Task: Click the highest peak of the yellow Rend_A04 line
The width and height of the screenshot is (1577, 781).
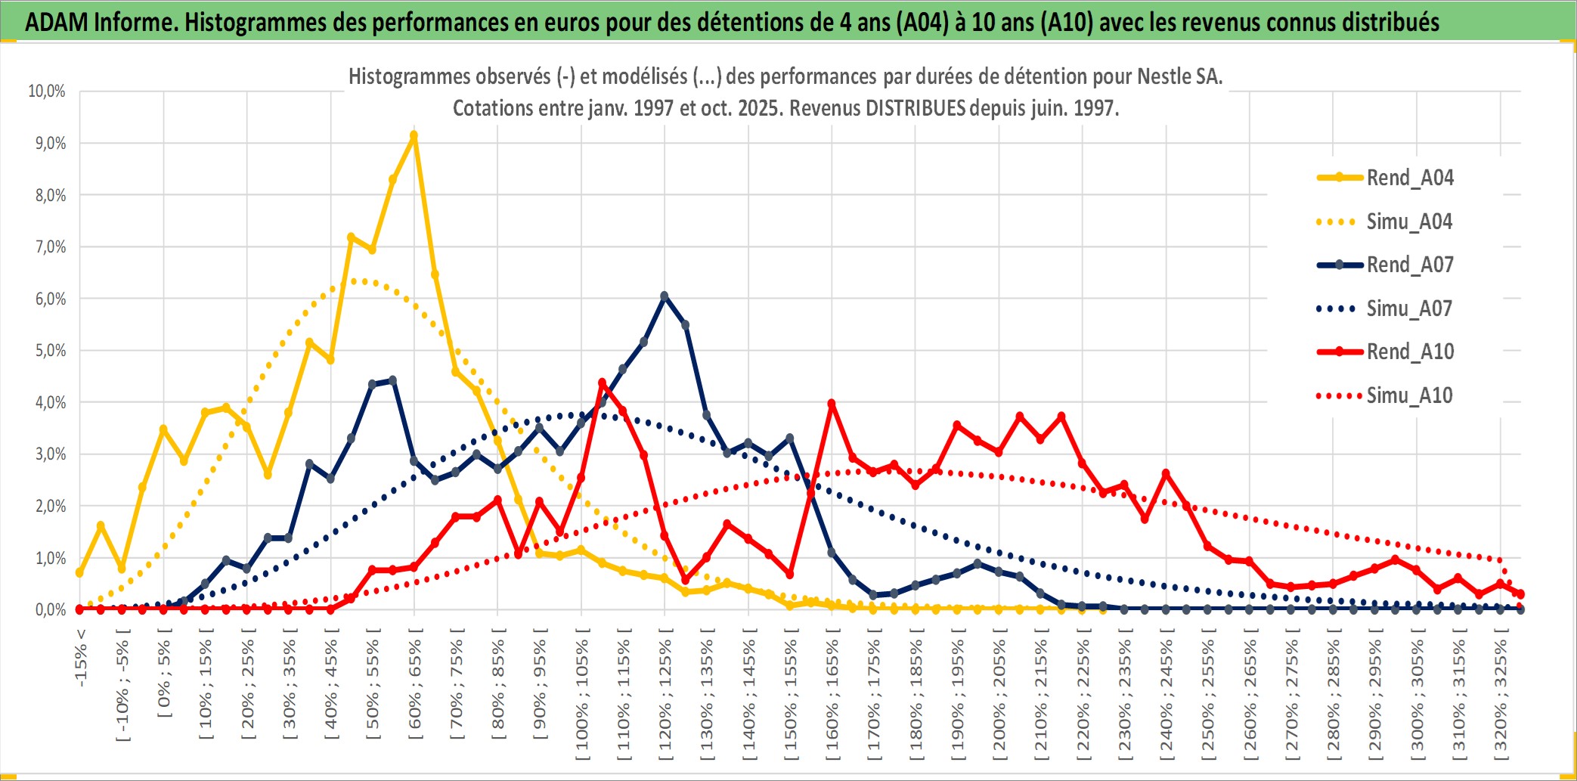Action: click(414, 136)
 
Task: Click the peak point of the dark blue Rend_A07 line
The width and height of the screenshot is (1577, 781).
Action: click(665, 296)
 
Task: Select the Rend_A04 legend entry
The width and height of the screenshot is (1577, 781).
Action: click(1409, 178)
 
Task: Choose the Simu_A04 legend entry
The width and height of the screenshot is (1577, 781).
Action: click(1408, 222)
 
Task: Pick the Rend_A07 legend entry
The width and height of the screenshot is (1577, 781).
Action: click(1409, 265)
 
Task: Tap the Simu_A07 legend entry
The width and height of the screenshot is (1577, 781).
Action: click(1408, 308)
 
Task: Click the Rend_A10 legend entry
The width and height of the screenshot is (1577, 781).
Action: click(1409, 352)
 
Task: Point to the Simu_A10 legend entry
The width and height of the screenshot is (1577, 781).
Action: click(1408, 395)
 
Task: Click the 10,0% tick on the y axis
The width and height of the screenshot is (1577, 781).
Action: click(47, 91)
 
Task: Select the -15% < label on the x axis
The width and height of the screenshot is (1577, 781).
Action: click(81, 658)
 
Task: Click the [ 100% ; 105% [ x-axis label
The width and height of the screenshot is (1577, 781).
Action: click(582, 699)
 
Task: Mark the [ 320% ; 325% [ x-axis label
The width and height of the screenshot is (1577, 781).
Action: click(1501, 699)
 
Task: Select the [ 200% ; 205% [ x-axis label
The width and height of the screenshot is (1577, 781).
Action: click(999, 699)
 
